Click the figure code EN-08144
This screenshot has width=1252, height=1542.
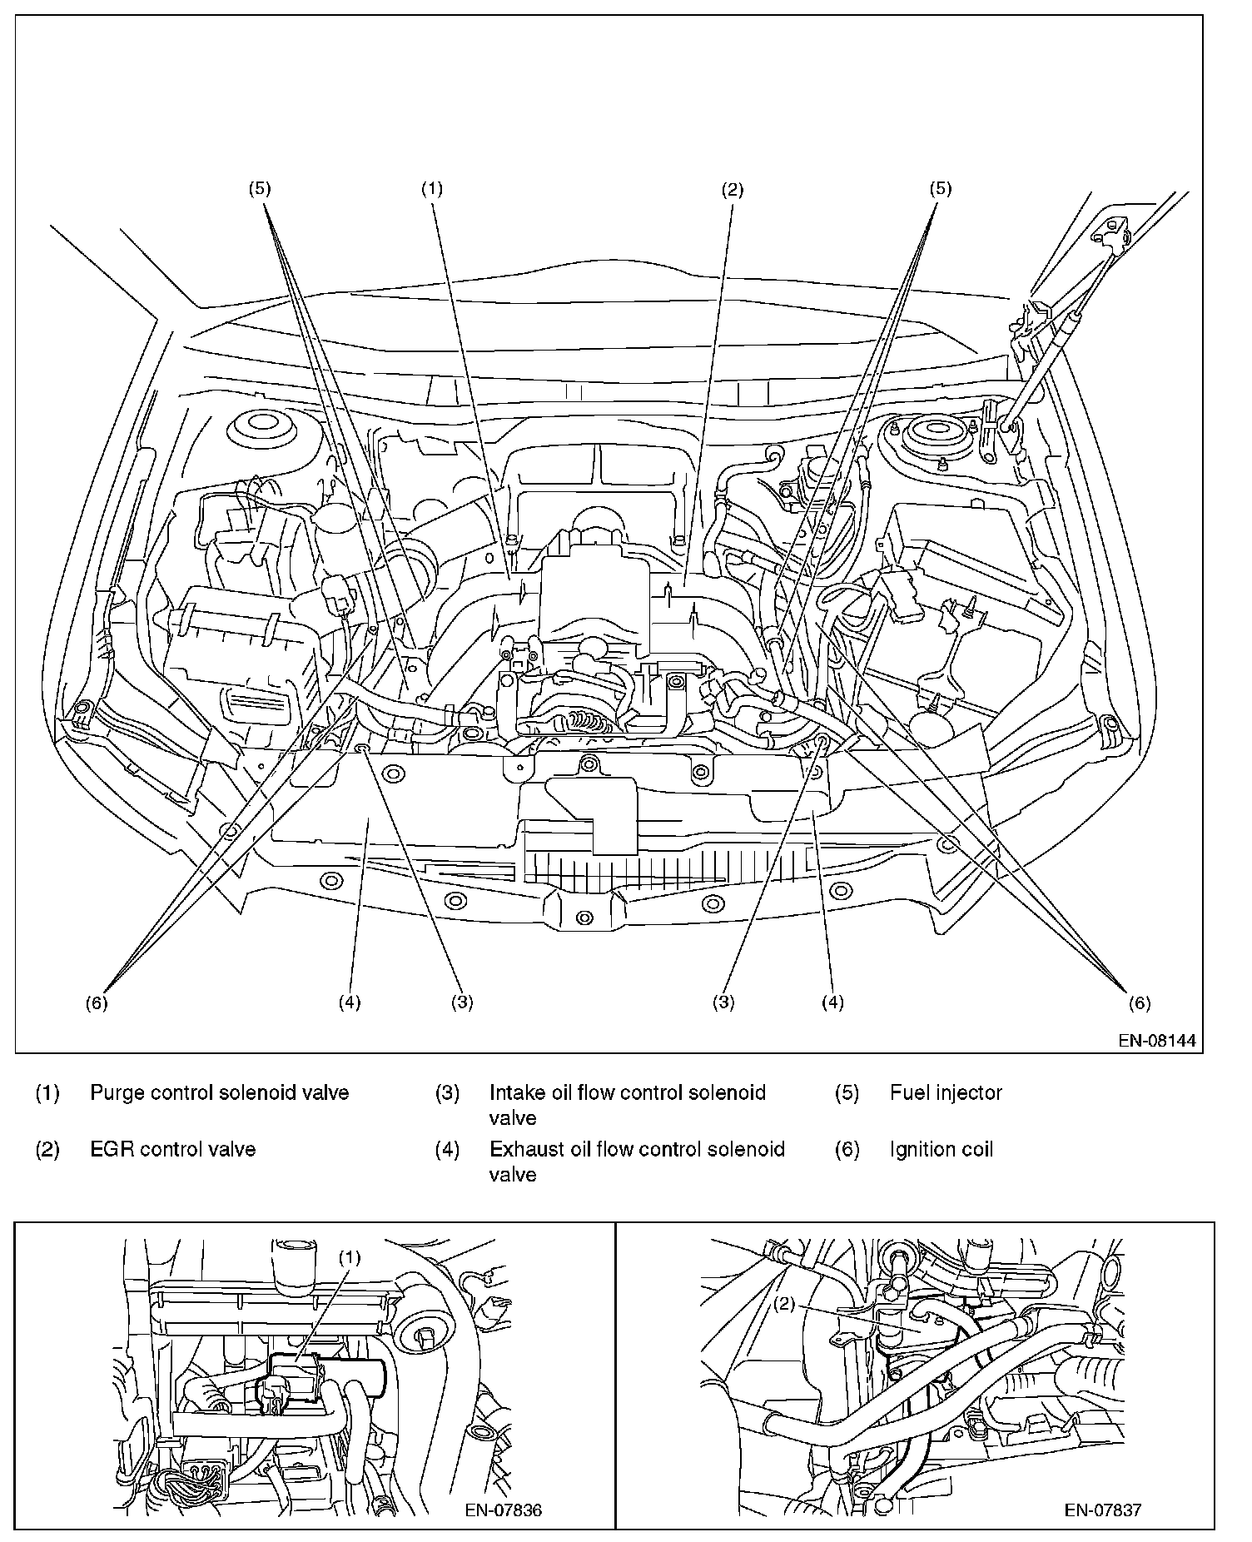coord(1160,1040)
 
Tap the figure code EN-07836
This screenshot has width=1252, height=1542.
coord(504,1510)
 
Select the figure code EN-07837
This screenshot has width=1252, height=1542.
coord(1103,1510)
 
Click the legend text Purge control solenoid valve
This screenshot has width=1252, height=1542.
coord(220,1092)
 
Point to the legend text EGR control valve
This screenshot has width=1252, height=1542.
coord(173,1149)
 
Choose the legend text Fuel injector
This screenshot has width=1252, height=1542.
coord(946,1092)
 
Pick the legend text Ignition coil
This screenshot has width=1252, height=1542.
coord(941,1149)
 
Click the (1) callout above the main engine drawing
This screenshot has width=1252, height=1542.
coord(431,189)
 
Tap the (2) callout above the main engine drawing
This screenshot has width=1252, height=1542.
coord(732,189)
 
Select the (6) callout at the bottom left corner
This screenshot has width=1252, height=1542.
coord(97,1003)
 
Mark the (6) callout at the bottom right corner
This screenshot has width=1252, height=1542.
coord(1140,1003)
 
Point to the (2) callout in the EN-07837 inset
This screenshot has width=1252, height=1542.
coord(786,1305)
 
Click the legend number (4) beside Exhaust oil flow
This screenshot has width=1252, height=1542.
coord(447,1149)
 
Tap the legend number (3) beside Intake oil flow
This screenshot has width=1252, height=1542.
coord(447,1092)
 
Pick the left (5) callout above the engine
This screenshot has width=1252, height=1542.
coord(259,189)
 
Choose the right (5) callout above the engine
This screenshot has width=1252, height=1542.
coord(940,189)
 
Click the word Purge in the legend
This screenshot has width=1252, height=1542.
coord(114,1093)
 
